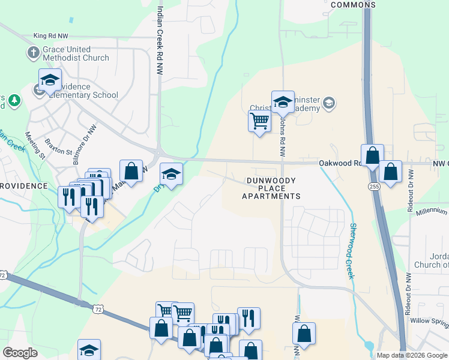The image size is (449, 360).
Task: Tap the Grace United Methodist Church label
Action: click(x=76, y=53)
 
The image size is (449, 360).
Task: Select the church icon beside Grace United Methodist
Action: click(x=34, y=53)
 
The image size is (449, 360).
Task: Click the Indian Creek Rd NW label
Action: click(x=160, y=41)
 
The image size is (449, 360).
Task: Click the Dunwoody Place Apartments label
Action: click(x=271, y=188)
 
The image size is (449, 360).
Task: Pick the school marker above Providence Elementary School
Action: click(x=50, y=80)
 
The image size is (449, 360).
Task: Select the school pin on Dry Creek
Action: click(x=171, y=175)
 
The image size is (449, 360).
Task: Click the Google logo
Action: click(x=20, y=352)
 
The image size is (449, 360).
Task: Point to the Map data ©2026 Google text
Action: click(x=411, y=355)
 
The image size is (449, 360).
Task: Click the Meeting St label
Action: click(x=35, y=144)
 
